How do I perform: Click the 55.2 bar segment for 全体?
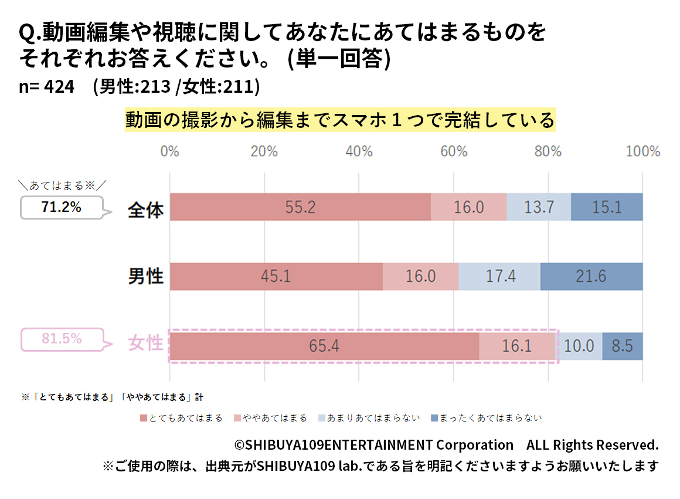point(300,207)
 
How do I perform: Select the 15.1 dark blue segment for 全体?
point(607,207)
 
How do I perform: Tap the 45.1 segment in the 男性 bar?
point(276,276)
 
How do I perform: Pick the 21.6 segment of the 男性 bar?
point(591,276)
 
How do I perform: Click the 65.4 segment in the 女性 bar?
point(324,346)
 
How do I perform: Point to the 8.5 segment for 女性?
point(623,346)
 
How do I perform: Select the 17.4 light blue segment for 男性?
point(499,276)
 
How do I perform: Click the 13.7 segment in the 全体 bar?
point(539,207)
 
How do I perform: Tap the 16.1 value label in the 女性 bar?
point(516,346)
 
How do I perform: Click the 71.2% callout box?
point(62,207)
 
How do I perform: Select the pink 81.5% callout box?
point(62,339)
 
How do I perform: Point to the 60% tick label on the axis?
point(454,151)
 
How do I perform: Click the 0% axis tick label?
point(170,151)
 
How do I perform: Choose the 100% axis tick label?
point(642,151)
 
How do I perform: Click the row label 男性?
point(146,276)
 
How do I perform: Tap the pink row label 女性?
point(146,343)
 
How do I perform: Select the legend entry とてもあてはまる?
point(182,418)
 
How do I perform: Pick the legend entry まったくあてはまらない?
point(487,418)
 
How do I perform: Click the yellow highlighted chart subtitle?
point(339,120)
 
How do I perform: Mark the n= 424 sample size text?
point(47,86)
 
